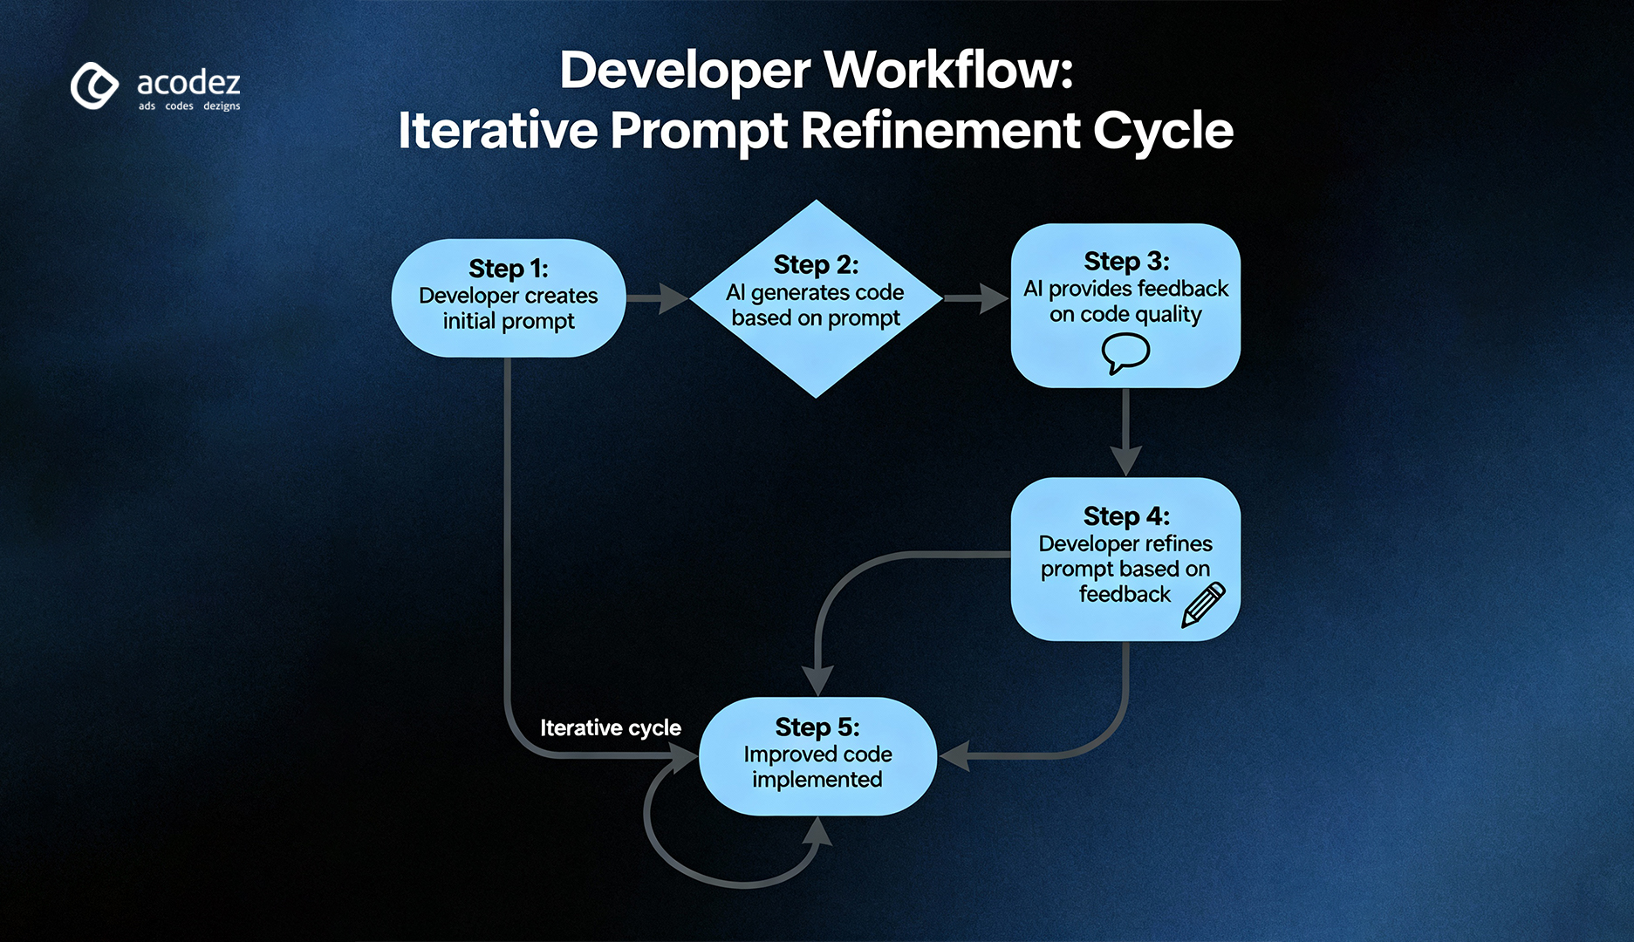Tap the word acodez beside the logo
[188, 83]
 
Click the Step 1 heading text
[509, 268]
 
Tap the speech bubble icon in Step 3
[1125, 353]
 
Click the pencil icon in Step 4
[1203, 604]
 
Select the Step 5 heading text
[817, 727]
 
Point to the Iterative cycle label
[610, 727]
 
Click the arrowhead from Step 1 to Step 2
[673, 298]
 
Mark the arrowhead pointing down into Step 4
[1125, 461]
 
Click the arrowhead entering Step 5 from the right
[954, 755]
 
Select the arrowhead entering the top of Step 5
[817, 680]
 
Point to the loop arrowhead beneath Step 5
[817, 833]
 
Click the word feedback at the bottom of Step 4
[1125, 594]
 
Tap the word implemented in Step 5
[817, 779]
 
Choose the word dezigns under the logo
[222, 106]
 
